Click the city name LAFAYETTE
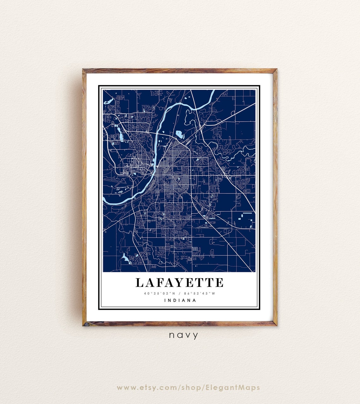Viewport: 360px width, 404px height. [x=179, y=283]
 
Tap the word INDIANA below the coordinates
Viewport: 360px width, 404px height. [x=180, y=300]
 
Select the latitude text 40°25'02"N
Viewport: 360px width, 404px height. [x=159, y=293]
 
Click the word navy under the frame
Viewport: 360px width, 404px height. [x=183, y=335]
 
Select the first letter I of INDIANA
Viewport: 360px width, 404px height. [x=165, y=300]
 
